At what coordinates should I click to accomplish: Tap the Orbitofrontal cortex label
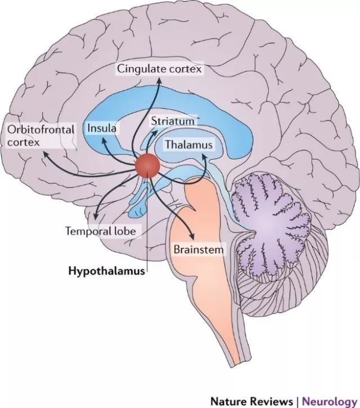[40, 136]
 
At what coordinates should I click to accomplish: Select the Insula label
[102, 128]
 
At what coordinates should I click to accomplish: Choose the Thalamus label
[188, 145]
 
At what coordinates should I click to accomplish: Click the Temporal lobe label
[101, 231]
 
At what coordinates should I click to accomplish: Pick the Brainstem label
[199, 248]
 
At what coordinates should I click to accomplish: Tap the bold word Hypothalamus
[106, 270]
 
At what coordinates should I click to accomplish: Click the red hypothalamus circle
[148, 164]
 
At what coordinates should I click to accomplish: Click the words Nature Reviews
[251, 401]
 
